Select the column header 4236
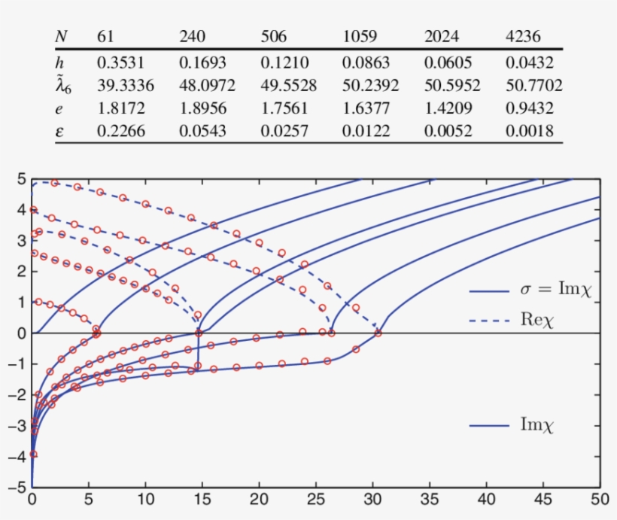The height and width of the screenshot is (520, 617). [x=522, y=36]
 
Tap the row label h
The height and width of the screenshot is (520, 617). [x=60, y=62]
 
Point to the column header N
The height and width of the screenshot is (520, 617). [x=62, y=36]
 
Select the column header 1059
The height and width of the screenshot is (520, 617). [x=359, y=36]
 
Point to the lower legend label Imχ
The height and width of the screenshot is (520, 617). [x=537, y=425]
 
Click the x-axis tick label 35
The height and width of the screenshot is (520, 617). [x=429, y=499]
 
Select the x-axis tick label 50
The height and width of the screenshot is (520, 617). [x=599, y=499]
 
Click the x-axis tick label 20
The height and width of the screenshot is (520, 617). [x=259, y=499]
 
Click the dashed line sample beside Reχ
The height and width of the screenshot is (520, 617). [x=491, y=320]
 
